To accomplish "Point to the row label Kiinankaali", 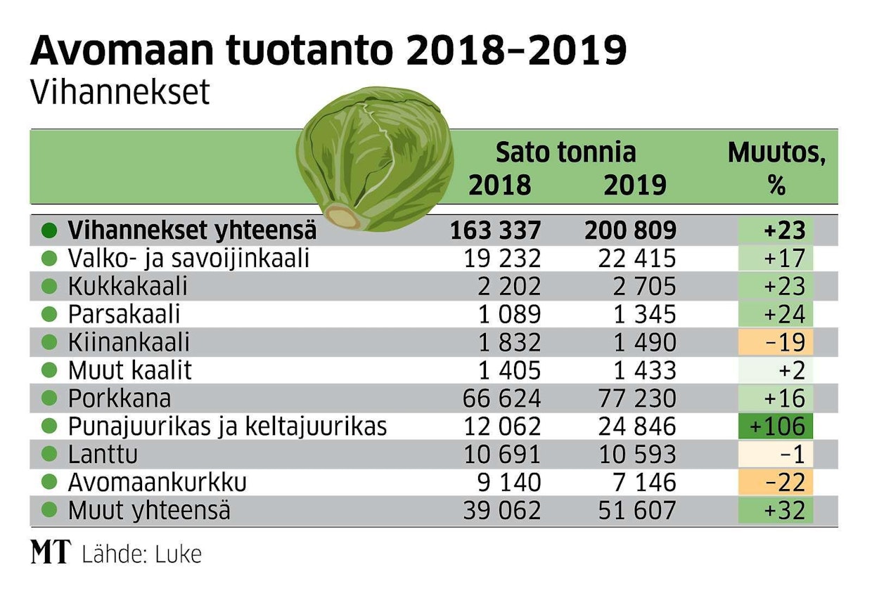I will click(x=129, y=343).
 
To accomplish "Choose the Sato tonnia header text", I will click(x=565, y=152).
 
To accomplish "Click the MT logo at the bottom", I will click(x=51, y=554).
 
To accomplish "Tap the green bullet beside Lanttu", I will click(x=49, y=455).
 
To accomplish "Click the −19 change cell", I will click(x=776, y=343).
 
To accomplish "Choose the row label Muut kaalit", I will click(x=129, y=371).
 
